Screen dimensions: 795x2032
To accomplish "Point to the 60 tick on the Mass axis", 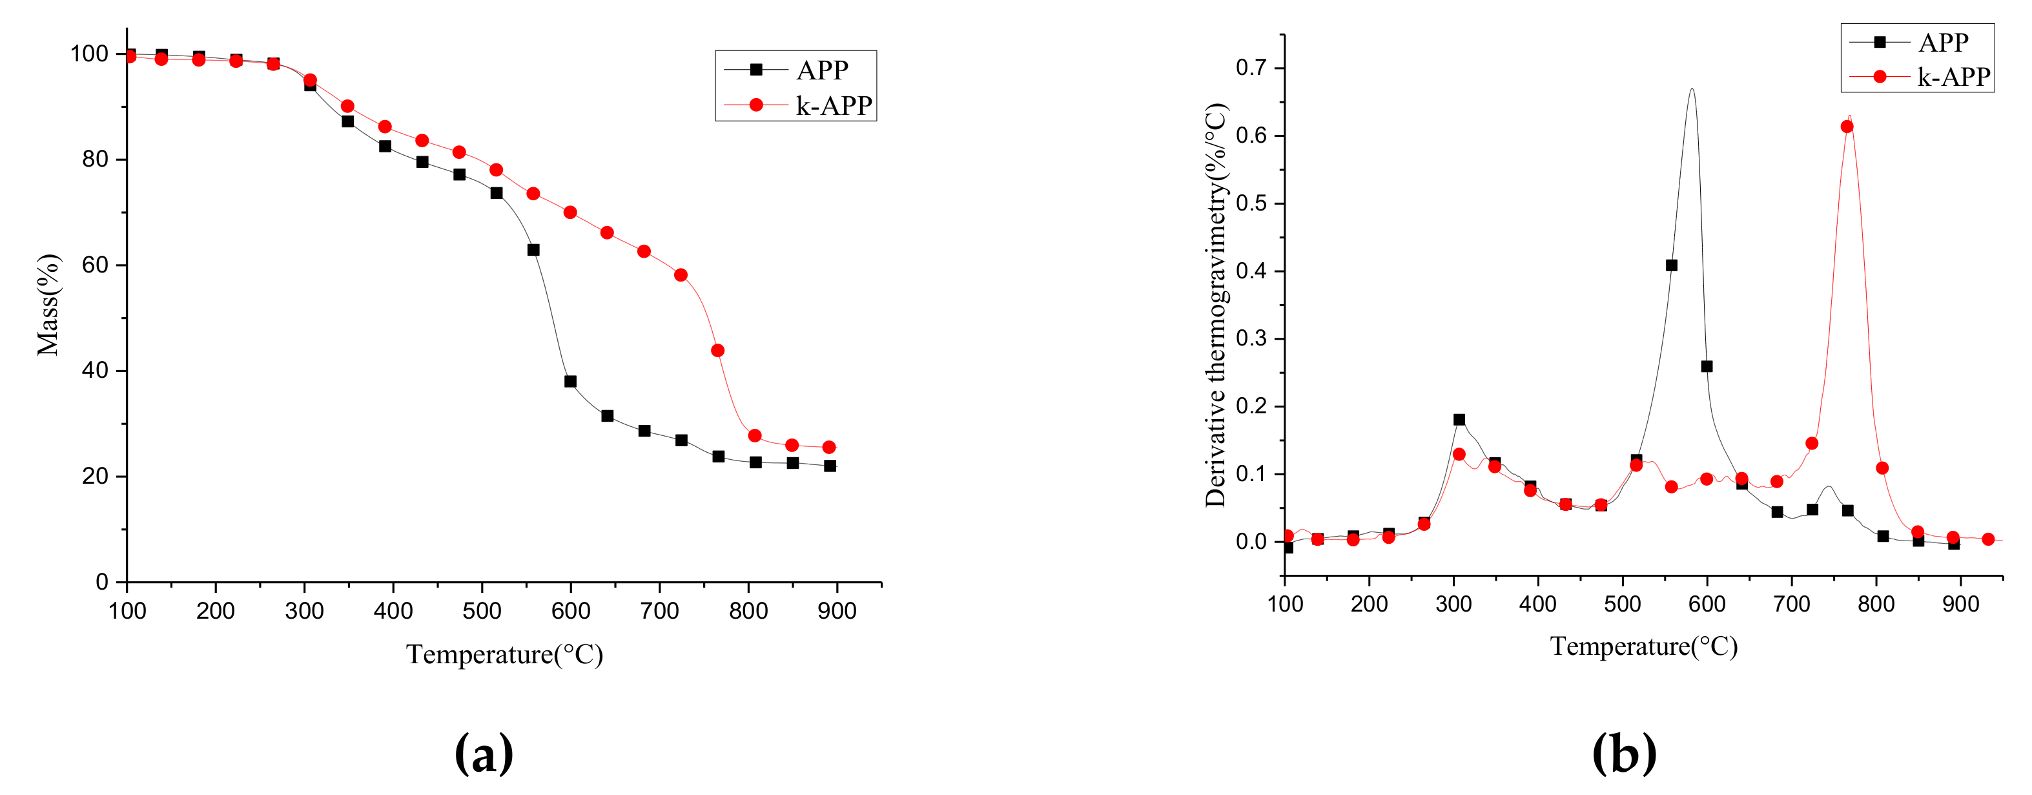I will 95,265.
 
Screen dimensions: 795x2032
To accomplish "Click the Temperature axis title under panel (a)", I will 504,655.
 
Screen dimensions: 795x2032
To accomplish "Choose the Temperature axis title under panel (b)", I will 1644,646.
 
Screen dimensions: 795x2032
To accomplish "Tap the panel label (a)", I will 484,752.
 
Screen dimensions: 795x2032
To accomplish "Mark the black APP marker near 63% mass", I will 533,250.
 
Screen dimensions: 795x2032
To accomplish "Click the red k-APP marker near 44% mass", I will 717,351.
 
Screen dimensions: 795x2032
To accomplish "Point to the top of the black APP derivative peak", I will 1691,89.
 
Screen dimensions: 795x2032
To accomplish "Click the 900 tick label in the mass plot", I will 837,611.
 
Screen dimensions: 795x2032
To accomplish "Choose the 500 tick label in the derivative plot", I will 1623,604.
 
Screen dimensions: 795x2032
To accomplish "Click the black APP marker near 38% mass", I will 570,382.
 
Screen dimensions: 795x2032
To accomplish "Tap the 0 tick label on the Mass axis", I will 102,582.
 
